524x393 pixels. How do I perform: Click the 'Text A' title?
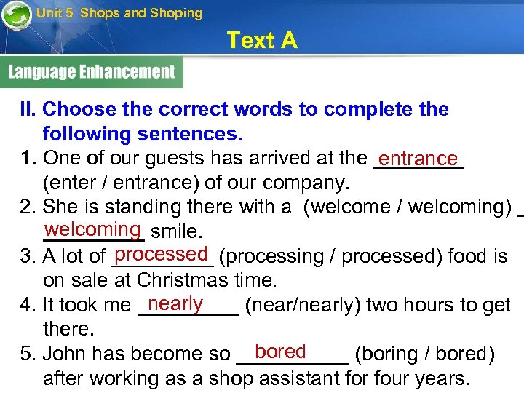(261, 41)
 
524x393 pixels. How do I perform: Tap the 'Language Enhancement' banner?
(92, 72)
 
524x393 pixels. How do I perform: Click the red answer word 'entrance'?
(418, 158)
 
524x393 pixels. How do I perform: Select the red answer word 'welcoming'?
(92, 229)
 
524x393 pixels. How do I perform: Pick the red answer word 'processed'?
(162, 254)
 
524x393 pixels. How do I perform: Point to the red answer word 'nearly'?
(175, 303)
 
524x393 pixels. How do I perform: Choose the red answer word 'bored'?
(280, 352)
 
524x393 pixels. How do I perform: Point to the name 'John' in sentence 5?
(64, 354)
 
